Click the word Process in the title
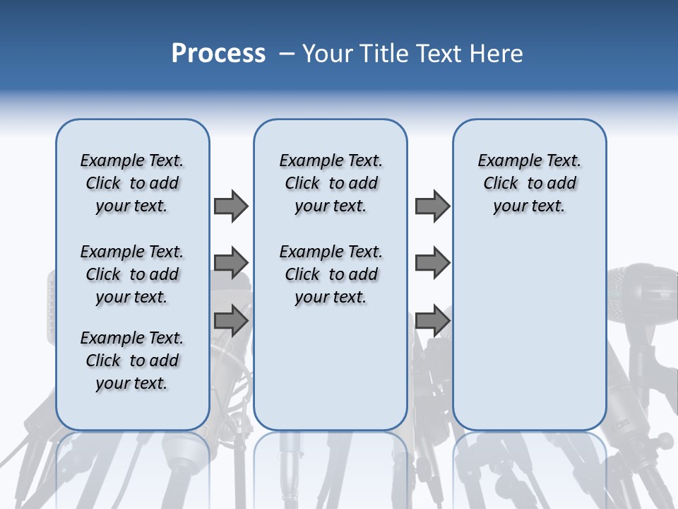(x=218, y=54)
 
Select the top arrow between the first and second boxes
(x=231, y=206)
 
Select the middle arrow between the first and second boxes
(x=231, y=263)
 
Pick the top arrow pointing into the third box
(x=432, y=206)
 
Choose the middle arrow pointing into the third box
(x=432, y=263)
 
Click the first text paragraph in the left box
(x=132, y=183)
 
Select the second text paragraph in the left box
(x=132, y=274)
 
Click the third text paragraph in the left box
(x=132, y=361)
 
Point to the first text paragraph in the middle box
(x=331, y=183)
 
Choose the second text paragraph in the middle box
(x=331, y=274)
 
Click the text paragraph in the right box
(x=529, y=183)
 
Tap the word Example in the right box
(x=504, y=160)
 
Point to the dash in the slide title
(x=286, y=54)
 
